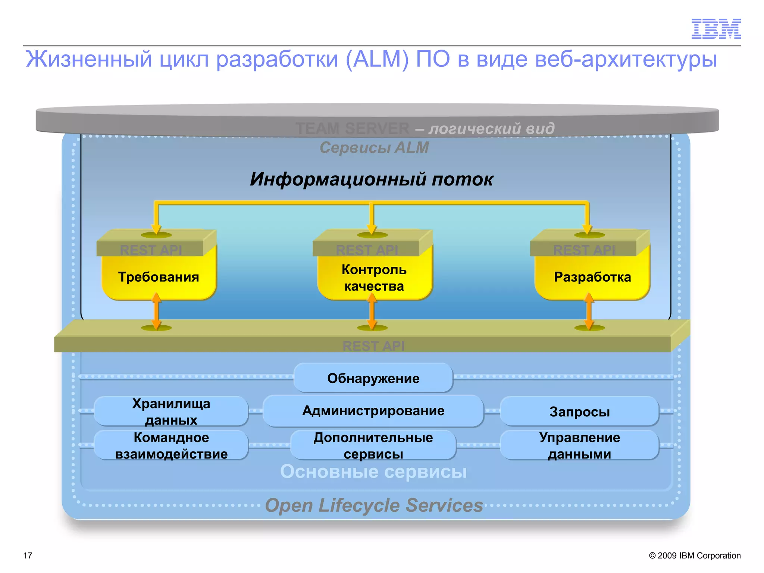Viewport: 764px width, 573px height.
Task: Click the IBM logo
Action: [716, 29]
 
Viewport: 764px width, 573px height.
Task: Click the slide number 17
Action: [28, 555]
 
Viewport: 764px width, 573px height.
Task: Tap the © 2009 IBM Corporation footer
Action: [695, 555]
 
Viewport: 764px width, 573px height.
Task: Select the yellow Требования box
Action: [159, 277]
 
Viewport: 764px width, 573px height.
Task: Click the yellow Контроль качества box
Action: [374, 278]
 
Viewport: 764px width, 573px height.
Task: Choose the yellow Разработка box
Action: [592, 277]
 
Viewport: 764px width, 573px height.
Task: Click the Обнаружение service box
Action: [373, 378]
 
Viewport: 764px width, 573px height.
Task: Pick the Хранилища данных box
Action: [171, 411]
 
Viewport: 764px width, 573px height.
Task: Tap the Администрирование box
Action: [373, 411]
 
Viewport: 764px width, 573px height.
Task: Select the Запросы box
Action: [579, 411]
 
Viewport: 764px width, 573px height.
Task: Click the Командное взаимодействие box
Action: [171, 445]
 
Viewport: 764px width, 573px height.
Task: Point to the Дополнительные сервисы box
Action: [373, 445]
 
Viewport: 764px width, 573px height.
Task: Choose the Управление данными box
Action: [579, 445]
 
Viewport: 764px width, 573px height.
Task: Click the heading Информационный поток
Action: [372, 179]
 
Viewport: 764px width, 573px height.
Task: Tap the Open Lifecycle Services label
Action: [374, 505]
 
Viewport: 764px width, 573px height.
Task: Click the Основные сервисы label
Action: [373, 472]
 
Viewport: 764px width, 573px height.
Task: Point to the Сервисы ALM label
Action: [374, 147]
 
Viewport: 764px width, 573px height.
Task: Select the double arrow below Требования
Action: [157, 311]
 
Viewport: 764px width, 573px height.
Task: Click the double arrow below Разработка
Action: [589, 311]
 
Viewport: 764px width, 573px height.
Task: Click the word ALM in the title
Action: [377, 59]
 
